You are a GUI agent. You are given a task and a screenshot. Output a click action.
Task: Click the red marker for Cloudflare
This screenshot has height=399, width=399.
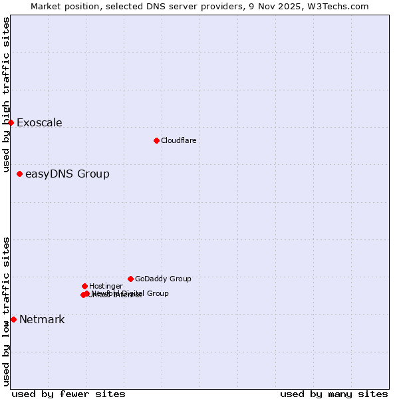point(156,140)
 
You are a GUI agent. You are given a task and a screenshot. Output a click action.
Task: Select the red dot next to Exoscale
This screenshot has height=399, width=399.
point(11,122)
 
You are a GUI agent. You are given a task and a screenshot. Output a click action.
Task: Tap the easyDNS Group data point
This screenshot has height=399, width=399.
point(19,174)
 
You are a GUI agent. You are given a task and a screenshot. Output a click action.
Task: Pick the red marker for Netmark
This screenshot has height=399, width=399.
point(13,319)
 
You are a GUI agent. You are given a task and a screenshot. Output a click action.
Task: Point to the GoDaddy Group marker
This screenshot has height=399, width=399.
point(130,279)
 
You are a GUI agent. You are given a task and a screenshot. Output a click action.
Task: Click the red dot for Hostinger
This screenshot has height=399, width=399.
point(84,286)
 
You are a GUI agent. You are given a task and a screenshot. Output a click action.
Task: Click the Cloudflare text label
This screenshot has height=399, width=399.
point(178,140)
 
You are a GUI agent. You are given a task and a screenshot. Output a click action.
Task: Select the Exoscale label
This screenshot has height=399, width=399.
point(39,122)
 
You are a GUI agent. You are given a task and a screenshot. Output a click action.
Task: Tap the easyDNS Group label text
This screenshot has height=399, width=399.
point(67,174)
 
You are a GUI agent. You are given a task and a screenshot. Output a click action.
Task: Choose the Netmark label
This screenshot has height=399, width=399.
point(42,319)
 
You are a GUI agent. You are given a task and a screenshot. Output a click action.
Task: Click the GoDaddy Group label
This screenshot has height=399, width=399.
point(163,279)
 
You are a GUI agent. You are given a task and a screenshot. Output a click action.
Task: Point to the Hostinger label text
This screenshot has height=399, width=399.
point(106,286)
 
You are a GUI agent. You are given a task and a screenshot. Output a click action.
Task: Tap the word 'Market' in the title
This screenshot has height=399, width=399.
point(46,6)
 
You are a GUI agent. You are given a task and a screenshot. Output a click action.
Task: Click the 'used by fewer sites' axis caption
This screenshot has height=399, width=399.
point(68,394)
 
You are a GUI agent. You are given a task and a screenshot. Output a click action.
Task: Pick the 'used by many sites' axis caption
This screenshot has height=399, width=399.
point(334,394)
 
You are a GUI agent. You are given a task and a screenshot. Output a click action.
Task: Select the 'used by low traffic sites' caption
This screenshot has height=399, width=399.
point(6,311)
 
